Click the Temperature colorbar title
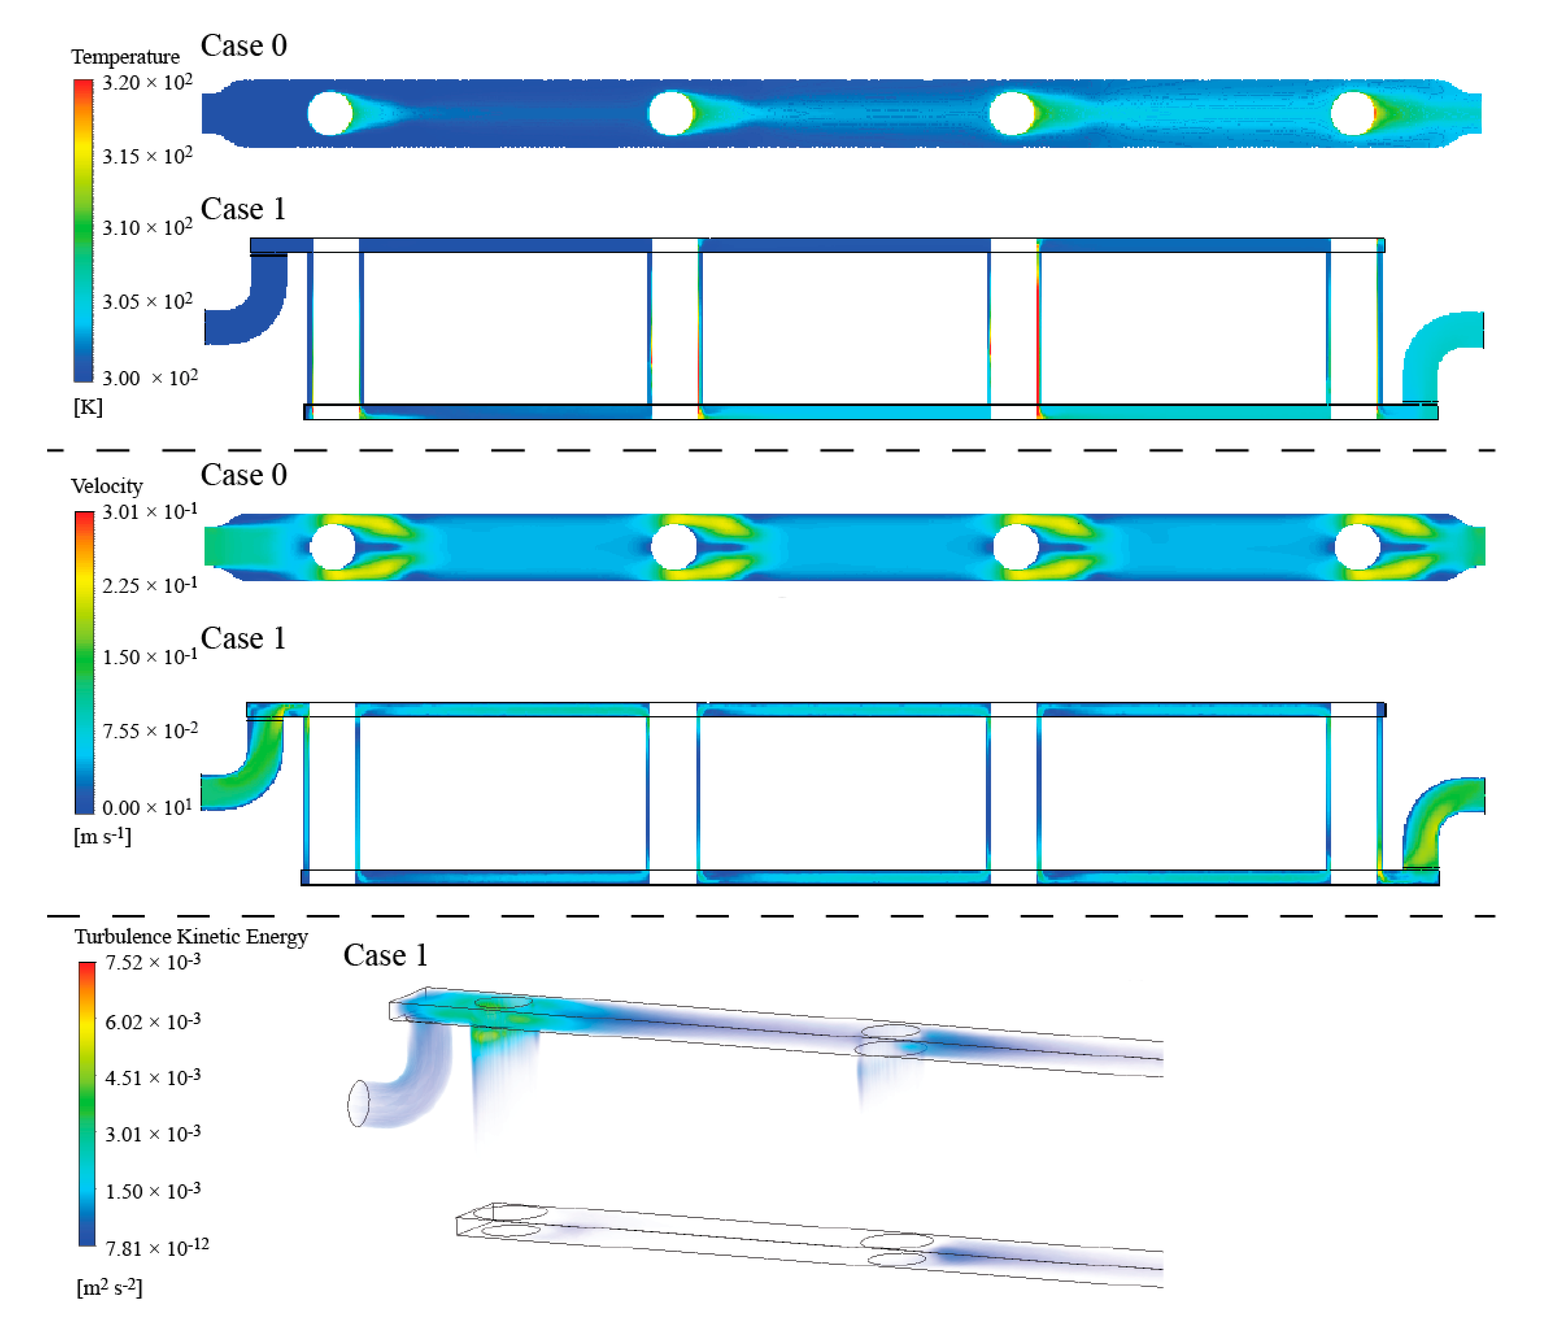pyautogui.click(x=125, y=57)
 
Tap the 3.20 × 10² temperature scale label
pyautogui.click(x=147, y=82)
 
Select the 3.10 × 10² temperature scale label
pyautogui.click(x=147, y=227)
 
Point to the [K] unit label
pyautogui.click(x=88, y=407)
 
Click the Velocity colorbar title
pyautogui.click(x=107, y=486)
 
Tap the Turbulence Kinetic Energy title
pyautogui.click(x=191, y=937)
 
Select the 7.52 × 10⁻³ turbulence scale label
pyautogui.click(x=153, y=962)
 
